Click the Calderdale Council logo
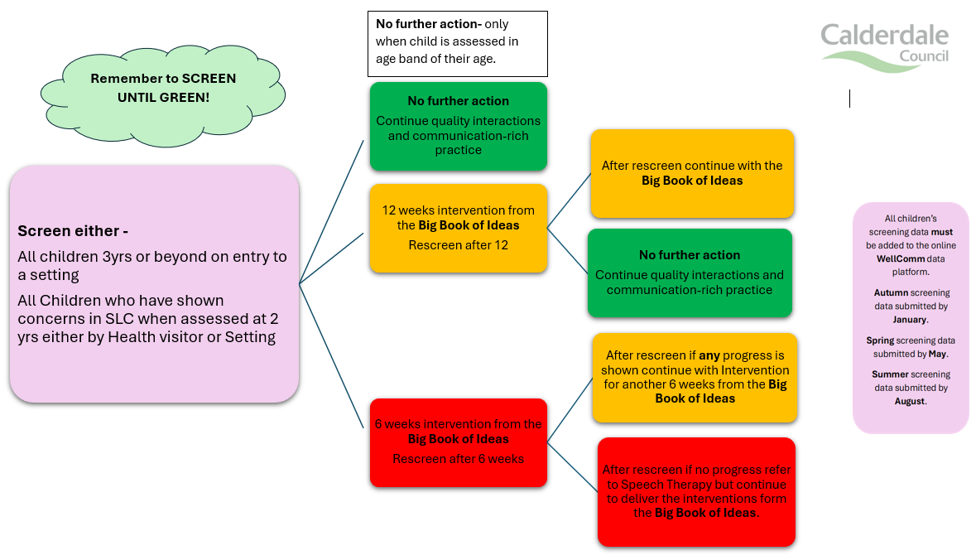click(x=884, y=45)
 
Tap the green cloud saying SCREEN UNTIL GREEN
click(x=163, y=88)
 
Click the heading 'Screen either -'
click(x=73, y=231)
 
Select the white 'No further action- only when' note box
click(x=458, y=43)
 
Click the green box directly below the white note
click(x=458, y=125)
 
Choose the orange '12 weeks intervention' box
click(x=458, y=228)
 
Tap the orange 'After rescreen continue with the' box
click(x=691, y=173)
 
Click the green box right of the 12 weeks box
click(x=689, y=273)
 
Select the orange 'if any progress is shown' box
click(x=695, y=377)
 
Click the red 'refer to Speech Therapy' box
click(x=695, y=491)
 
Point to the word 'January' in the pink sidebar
click(x=910, y=319)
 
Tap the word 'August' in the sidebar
click(x=910, y=401)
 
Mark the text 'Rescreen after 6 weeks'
click(x=458, y=458)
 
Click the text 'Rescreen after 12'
click(x=458, y=245)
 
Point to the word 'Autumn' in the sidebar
click(x=891, y=293)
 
